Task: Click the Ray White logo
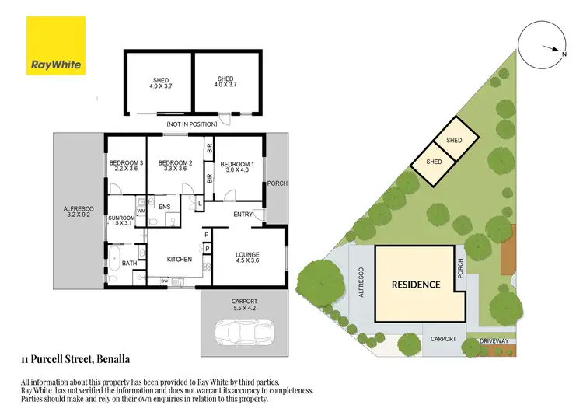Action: click(57, 47)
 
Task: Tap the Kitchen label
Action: click(180, 259)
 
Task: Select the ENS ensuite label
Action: click(164, 207)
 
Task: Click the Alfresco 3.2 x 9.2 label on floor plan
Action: click(78, 212)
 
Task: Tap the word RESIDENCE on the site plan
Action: click(415, 285)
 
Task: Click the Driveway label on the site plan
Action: click(494, 340)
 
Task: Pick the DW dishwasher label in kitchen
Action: click(165, 280)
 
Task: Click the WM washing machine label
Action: click(141, 211)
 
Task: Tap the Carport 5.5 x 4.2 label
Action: click(243, 304)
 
